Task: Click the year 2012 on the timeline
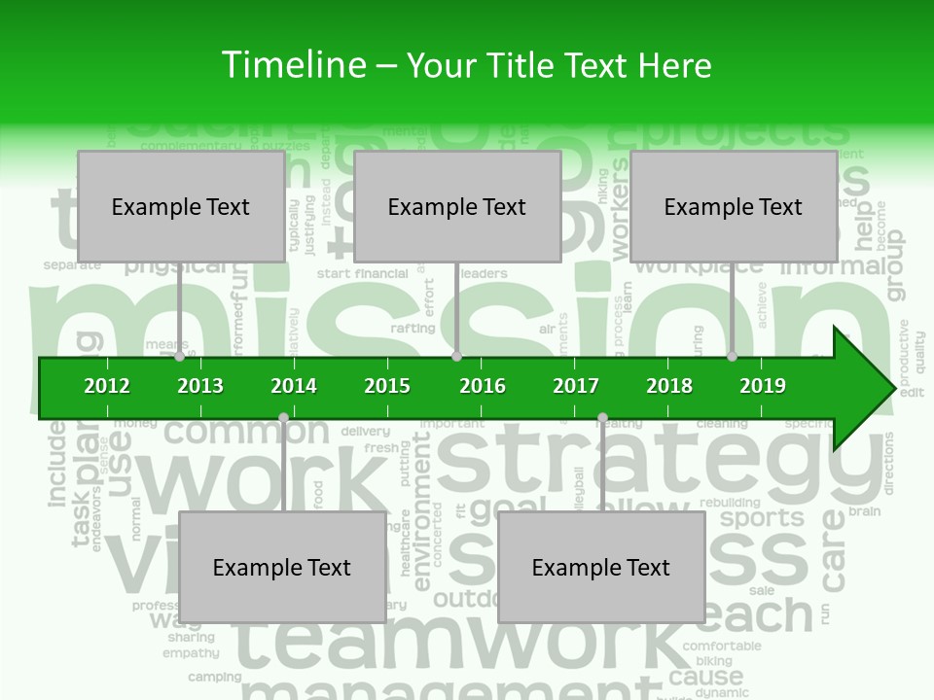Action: click(x=107, y=386)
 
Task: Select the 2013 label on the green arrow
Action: click(x=200, y=386)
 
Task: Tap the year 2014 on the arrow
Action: click(x=294, y=386)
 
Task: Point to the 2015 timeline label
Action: click(x=387, y=386)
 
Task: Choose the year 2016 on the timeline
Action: click(x=483, y=386)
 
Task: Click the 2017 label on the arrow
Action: click(x=576, y=386)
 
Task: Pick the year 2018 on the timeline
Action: click(x=669, y=386)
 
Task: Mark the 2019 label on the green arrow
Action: click(x=763, y=386)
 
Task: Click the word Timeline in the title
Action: click(x=291, y=66)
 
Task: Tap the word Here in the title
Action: click(x=674, y=66)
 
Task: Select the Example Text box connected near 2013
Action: click(x=181, y=206)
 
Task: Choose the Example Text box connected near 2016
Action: click(x=457, y=206)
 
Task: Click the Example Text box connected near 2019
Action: click(x=734, y=206)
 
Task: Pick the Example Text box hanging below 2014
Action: click(x=282, y=567)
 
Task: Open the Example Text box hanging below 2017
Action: click(x=601, y=567)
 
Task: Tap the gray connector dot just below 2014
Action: click(x=283, y=418)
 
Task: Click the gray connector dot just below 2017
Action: click(x=602, y=418)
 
